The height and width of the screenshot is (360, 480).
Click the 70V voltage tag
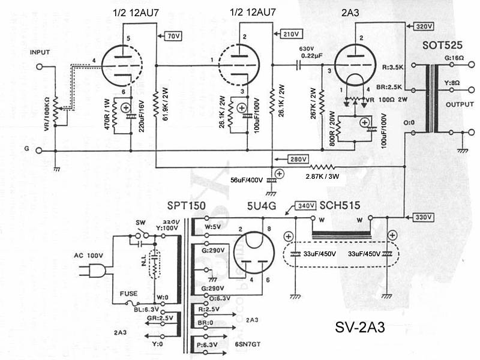173,37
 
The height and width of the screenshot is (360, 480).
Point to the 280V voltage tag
298,159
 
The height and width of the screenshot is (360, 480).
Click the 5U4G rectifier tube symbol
253,255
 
